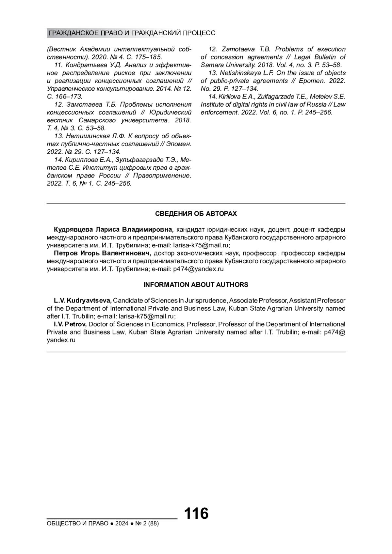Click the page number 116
click(x=196, y=514)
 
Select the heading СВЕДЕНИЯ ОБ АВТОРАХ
click(x=196, y=214)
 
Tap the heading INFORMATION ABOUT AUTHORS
click(x=196, y=285)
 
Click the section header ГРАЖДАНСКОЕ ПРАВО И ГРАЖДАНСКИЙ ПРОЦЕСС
click(x=132, y=33)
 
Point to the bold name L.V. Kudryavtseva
click(x=83, y=300)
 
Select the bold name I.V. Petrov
click(x=70, y=324)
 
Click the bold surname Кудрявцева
click(x=72, y=229)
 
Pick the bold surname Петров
click(x=66, y=253)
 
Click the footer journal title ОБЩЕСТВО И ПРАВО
click(x=78, y=524)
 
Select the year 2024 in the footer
click(x=122, y=524)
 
